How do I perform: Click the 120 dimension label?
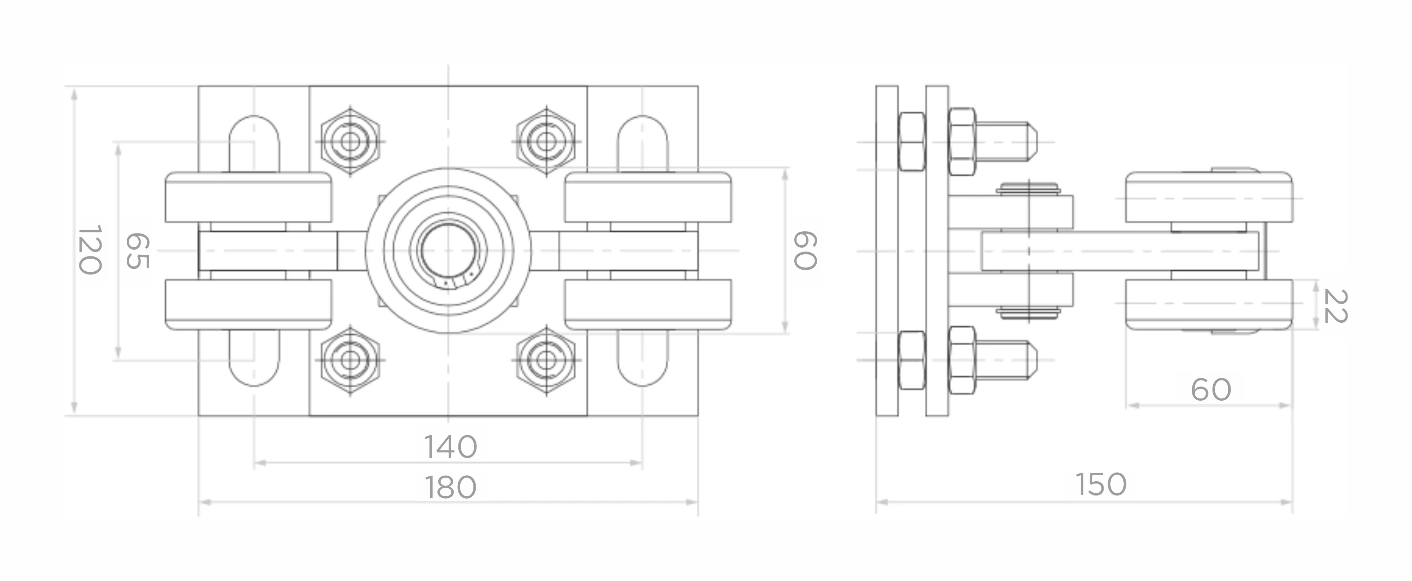(x=89, y=250)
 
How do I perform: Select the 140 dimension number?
(x=451, y=447)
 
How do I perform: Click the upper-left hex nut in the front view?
(x=350, y=141)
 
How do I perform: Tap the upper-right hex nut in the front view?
(x=546, y=141)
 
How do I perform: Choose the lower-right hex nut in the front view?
(x=546, y=360)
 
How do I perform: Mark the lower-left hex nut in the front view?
(x=350, y=360)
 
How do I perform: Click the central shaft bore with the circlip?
(x=448, y=251)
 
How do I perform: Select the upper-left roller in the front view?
(x=248, y=197)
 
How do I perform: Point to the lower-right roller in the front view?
(x=648, y=305)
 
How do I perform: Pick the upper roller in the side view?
(x=1208, y=197)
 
